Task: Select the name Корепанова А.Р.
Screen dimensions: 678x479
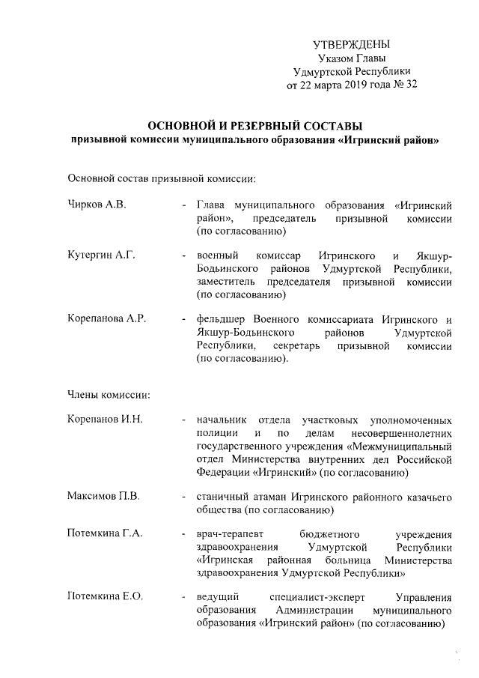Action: coord(106,319)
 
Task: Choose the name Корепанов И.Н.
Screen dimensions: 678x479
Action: coord(104,420)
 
